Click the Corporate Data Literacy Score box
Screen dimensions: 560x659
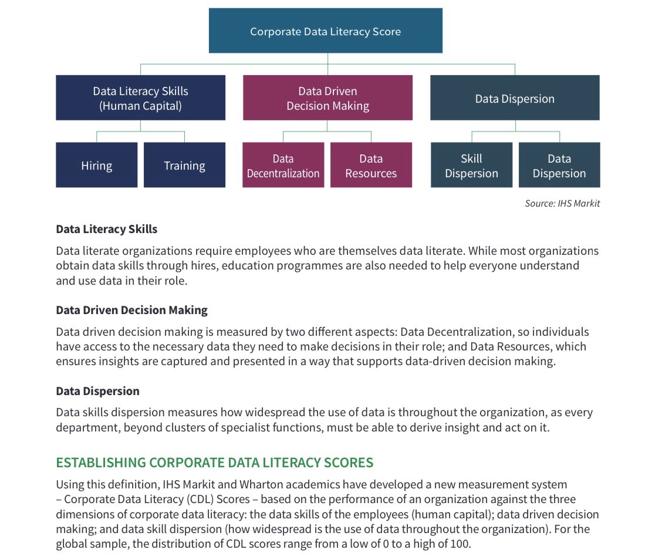click(x=325, y=31)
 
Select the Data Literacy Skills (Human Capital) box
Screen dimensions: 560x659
click(x=140, y=98)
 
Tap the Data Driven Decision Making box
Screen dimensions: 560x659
click(x=327, y=98)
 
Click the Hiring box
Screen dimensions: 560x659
click(x=96, y=166)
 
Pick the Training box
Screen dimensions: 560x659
click(x=184, y=166)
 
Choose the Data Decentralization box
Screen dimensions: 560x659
click(x=283, y=166)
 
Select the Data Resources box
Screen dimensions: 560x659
click(x=371, y=166)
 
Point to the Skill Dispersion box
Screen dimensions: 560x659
click(x=471, y=166)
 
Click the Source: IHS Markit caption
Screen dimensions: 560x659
click(x=562, y=204)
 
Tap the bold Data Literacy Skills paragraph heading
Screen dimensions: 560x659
click(x=107, y=229)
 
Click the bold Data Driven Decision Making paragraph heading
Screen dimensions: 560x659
click(x=131, y=310)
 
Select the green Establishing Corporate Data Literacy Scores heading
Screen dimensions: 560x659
click(x=214, y=463)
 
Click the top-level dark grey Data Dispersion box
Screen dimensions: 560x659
click(x=515, y=98)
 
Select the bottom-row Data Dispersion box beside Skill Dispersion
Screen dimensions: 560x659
click(x=559, y=166)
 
